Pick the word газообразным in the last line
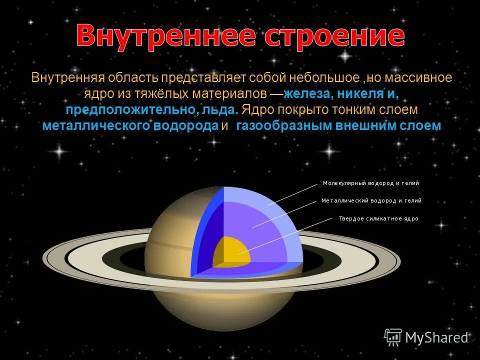(282, 125)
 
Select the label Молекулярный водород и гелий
(370, 183)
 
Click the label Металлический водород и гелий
(371, 200)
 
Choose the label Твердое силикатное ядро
(378, 218)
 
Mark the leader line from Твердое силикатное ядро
(285, 236)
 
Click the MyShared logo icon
(393, 337)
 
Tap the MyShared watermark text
(436, 338)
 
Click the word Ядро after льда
(256, 109)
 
